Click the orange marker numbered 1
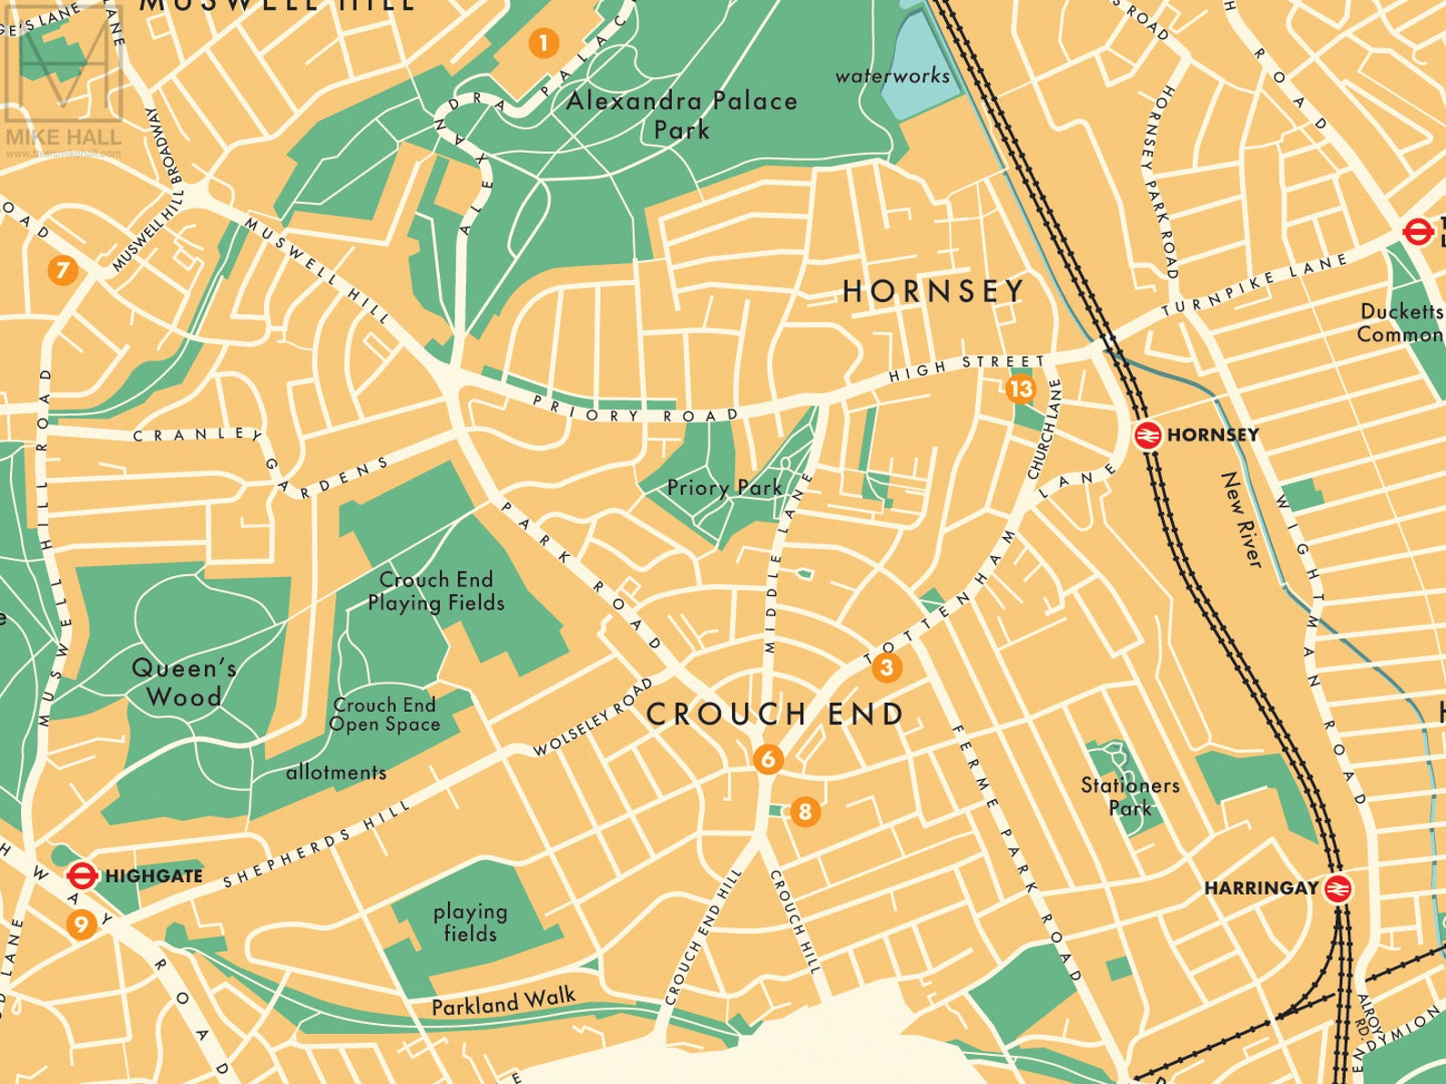[x=543, y=43]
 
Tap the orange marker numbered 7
[x=62, y=270]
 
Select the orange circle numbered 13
[x=1021, y=390]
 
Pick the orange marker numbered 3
[x=886, y=668]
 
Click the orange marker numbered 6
[x=769, y=759]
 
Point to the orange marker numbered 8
[x=804, y=811]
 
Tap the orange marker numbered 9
[x=82, y=925]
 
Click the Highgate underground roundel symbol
[x=82, y=876]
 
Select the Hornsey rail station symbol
[x=1147, y=435]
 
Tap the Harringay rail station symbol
[x=1337, y=888]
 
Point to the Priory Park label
[x=724, y=488]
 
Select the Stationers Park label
[x=1129, y=795]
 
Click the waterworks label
[x=891, y=76]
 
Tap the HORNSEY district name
[x=932, y=291]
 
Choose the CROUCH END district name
[x=775, y=714]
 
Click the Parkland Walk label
[x=503, y=1002]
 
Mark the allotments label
[x=336, y=773]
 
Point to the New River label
[x=1242, y=521]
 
